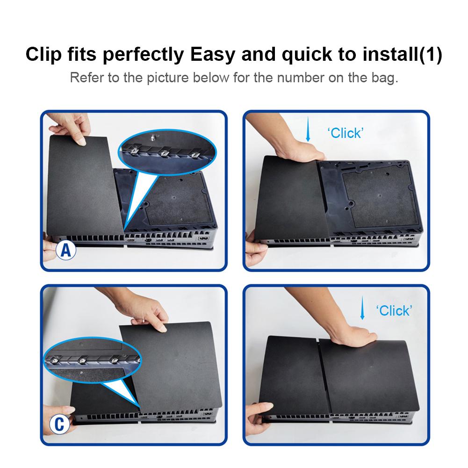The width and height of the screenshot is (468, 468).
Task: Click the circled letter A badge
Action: click(66, 250)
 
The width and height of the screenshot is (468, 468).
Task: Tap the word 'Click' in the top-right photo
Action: click(346, 133)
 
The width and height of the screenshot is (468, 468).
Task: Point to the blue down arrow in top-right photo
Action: click(308, 130)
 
